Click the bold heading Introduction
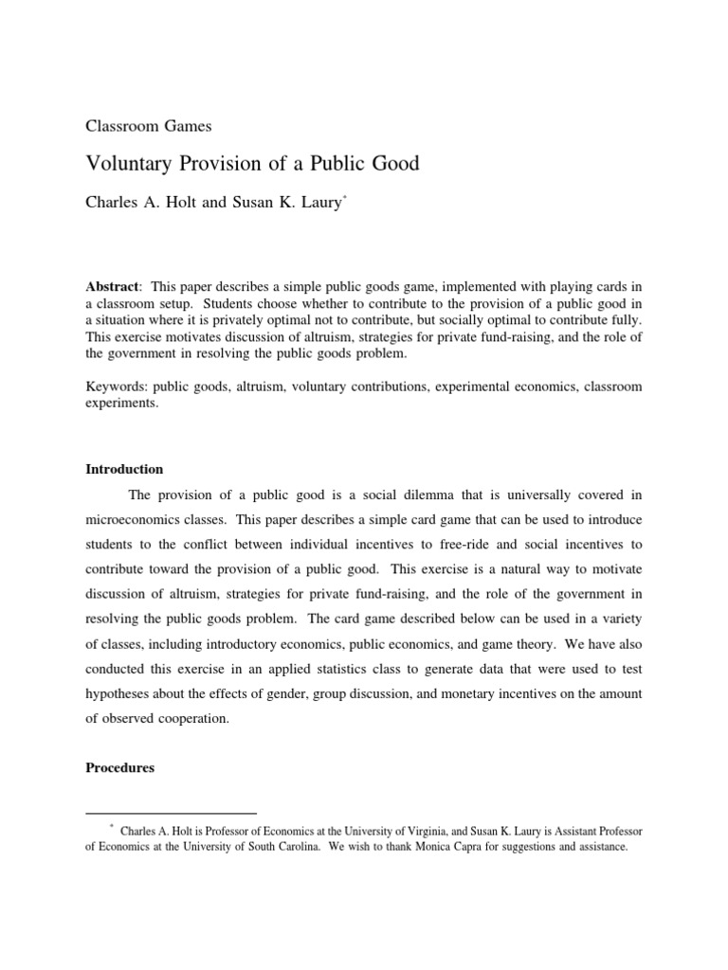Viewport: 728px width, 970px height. point(124,469)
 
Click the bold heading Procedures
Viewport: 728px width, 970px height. point(119,768)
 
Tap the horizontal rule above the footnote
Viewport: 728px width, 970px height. point(171,813)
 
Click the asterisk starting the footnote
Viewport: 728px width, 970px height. point(111,827)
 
